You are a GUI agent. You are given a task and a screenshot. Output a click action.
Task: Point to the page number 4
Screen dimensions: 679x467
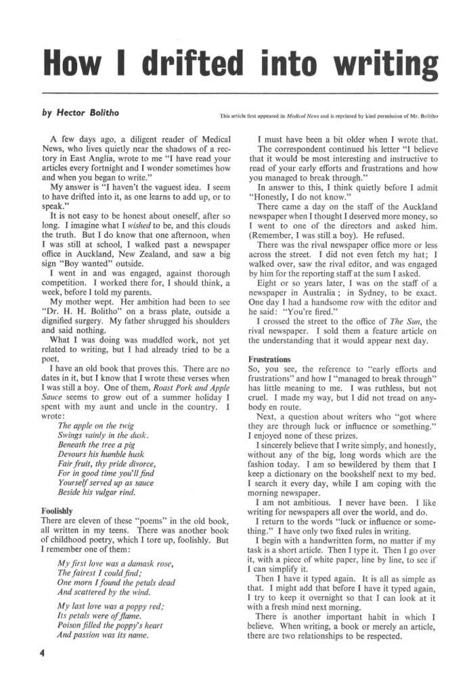[x=42, y=653]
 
